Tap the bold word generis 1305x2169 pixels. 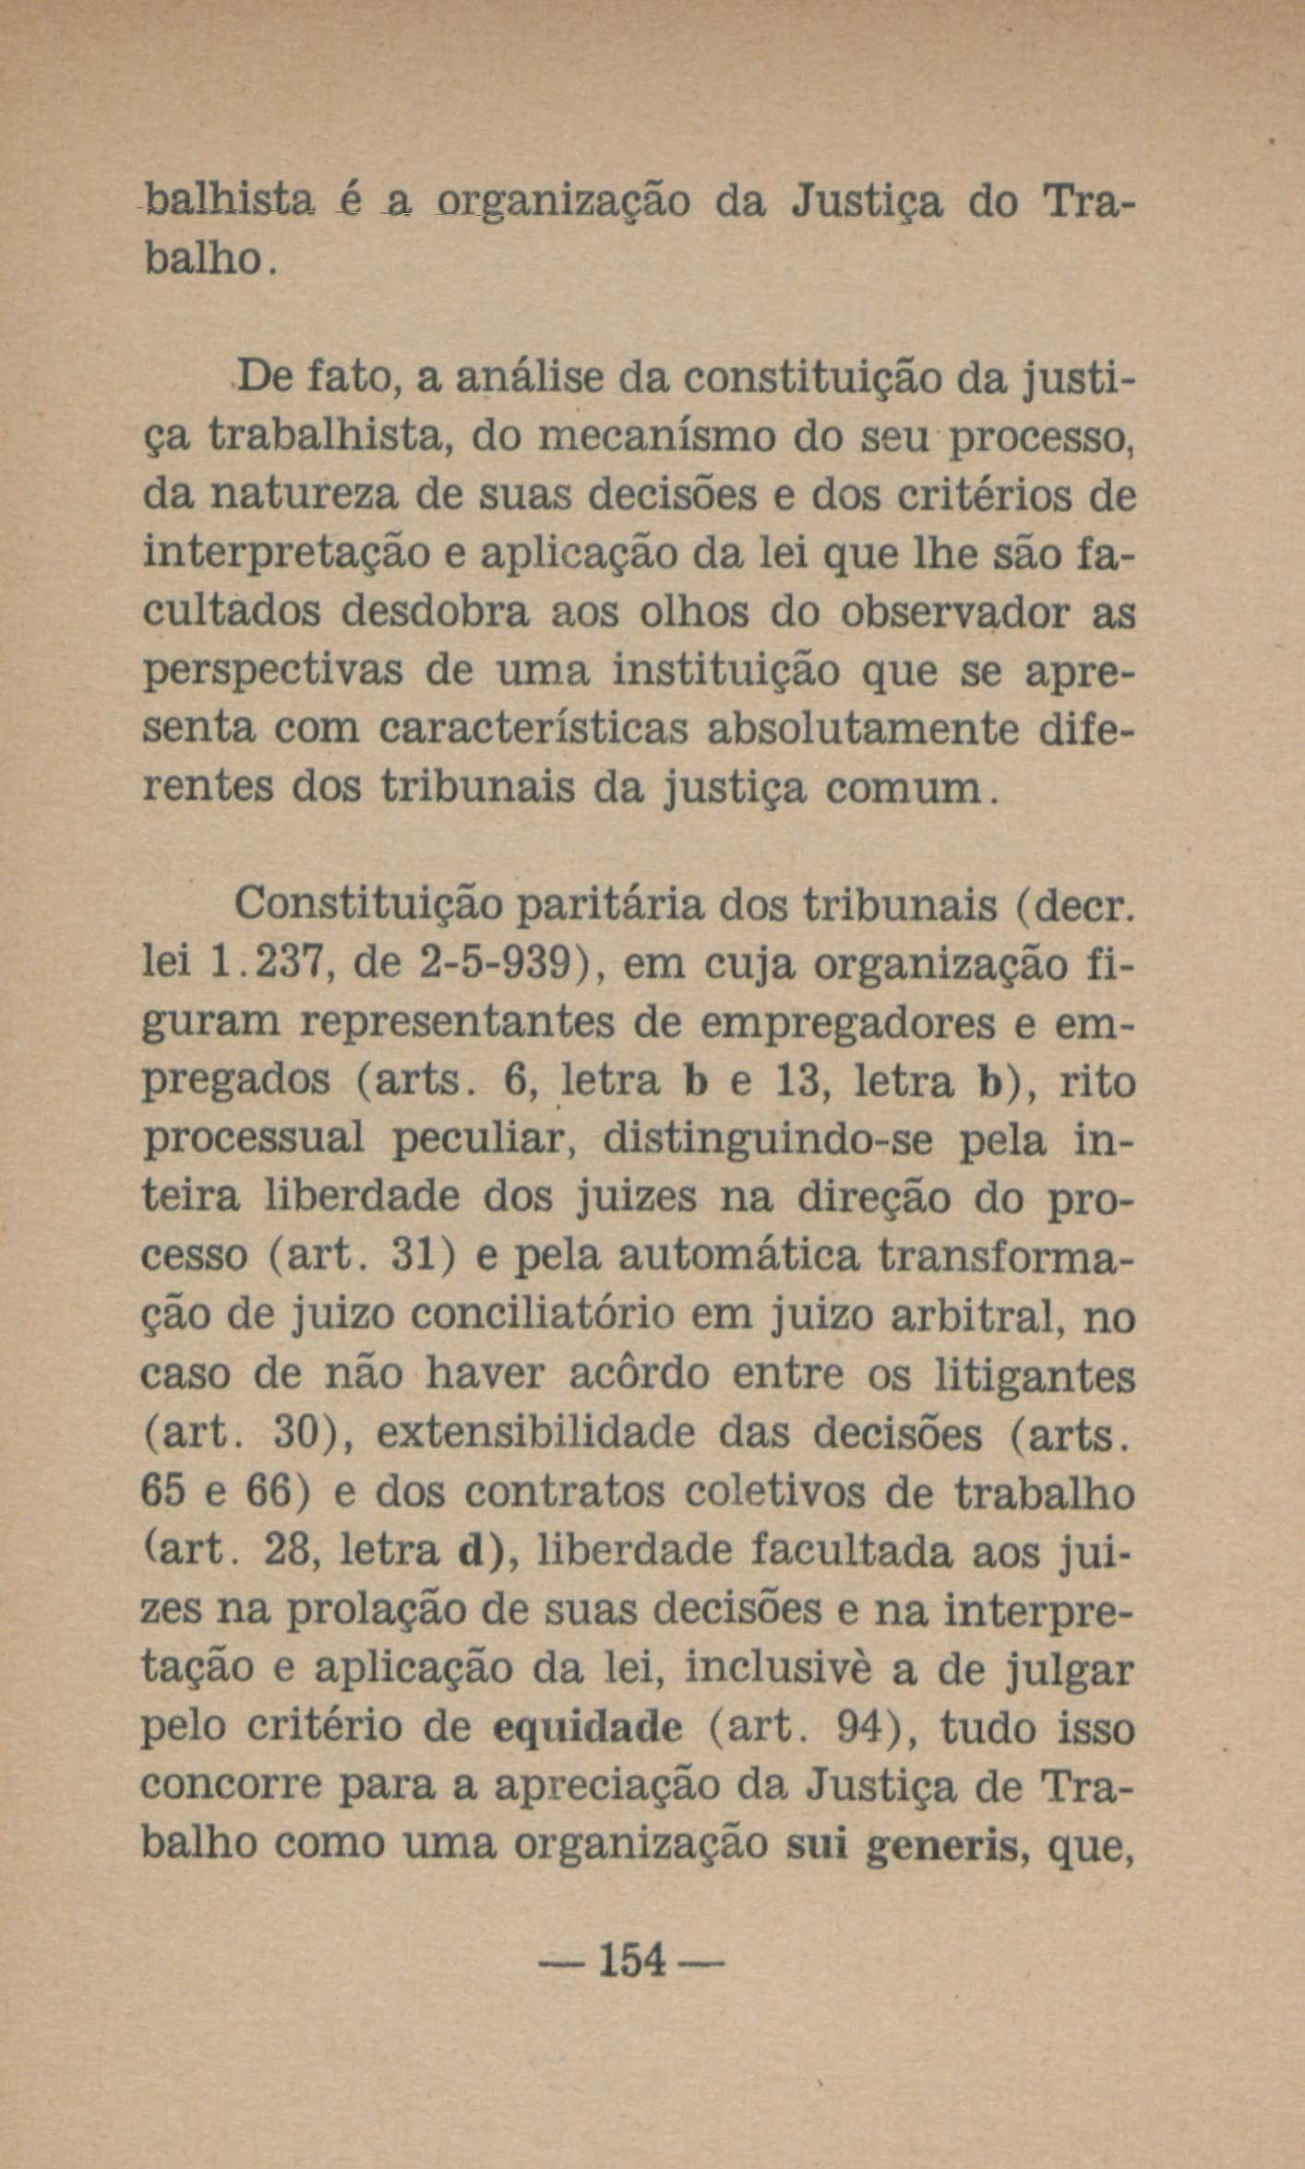click(945, 1844)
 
